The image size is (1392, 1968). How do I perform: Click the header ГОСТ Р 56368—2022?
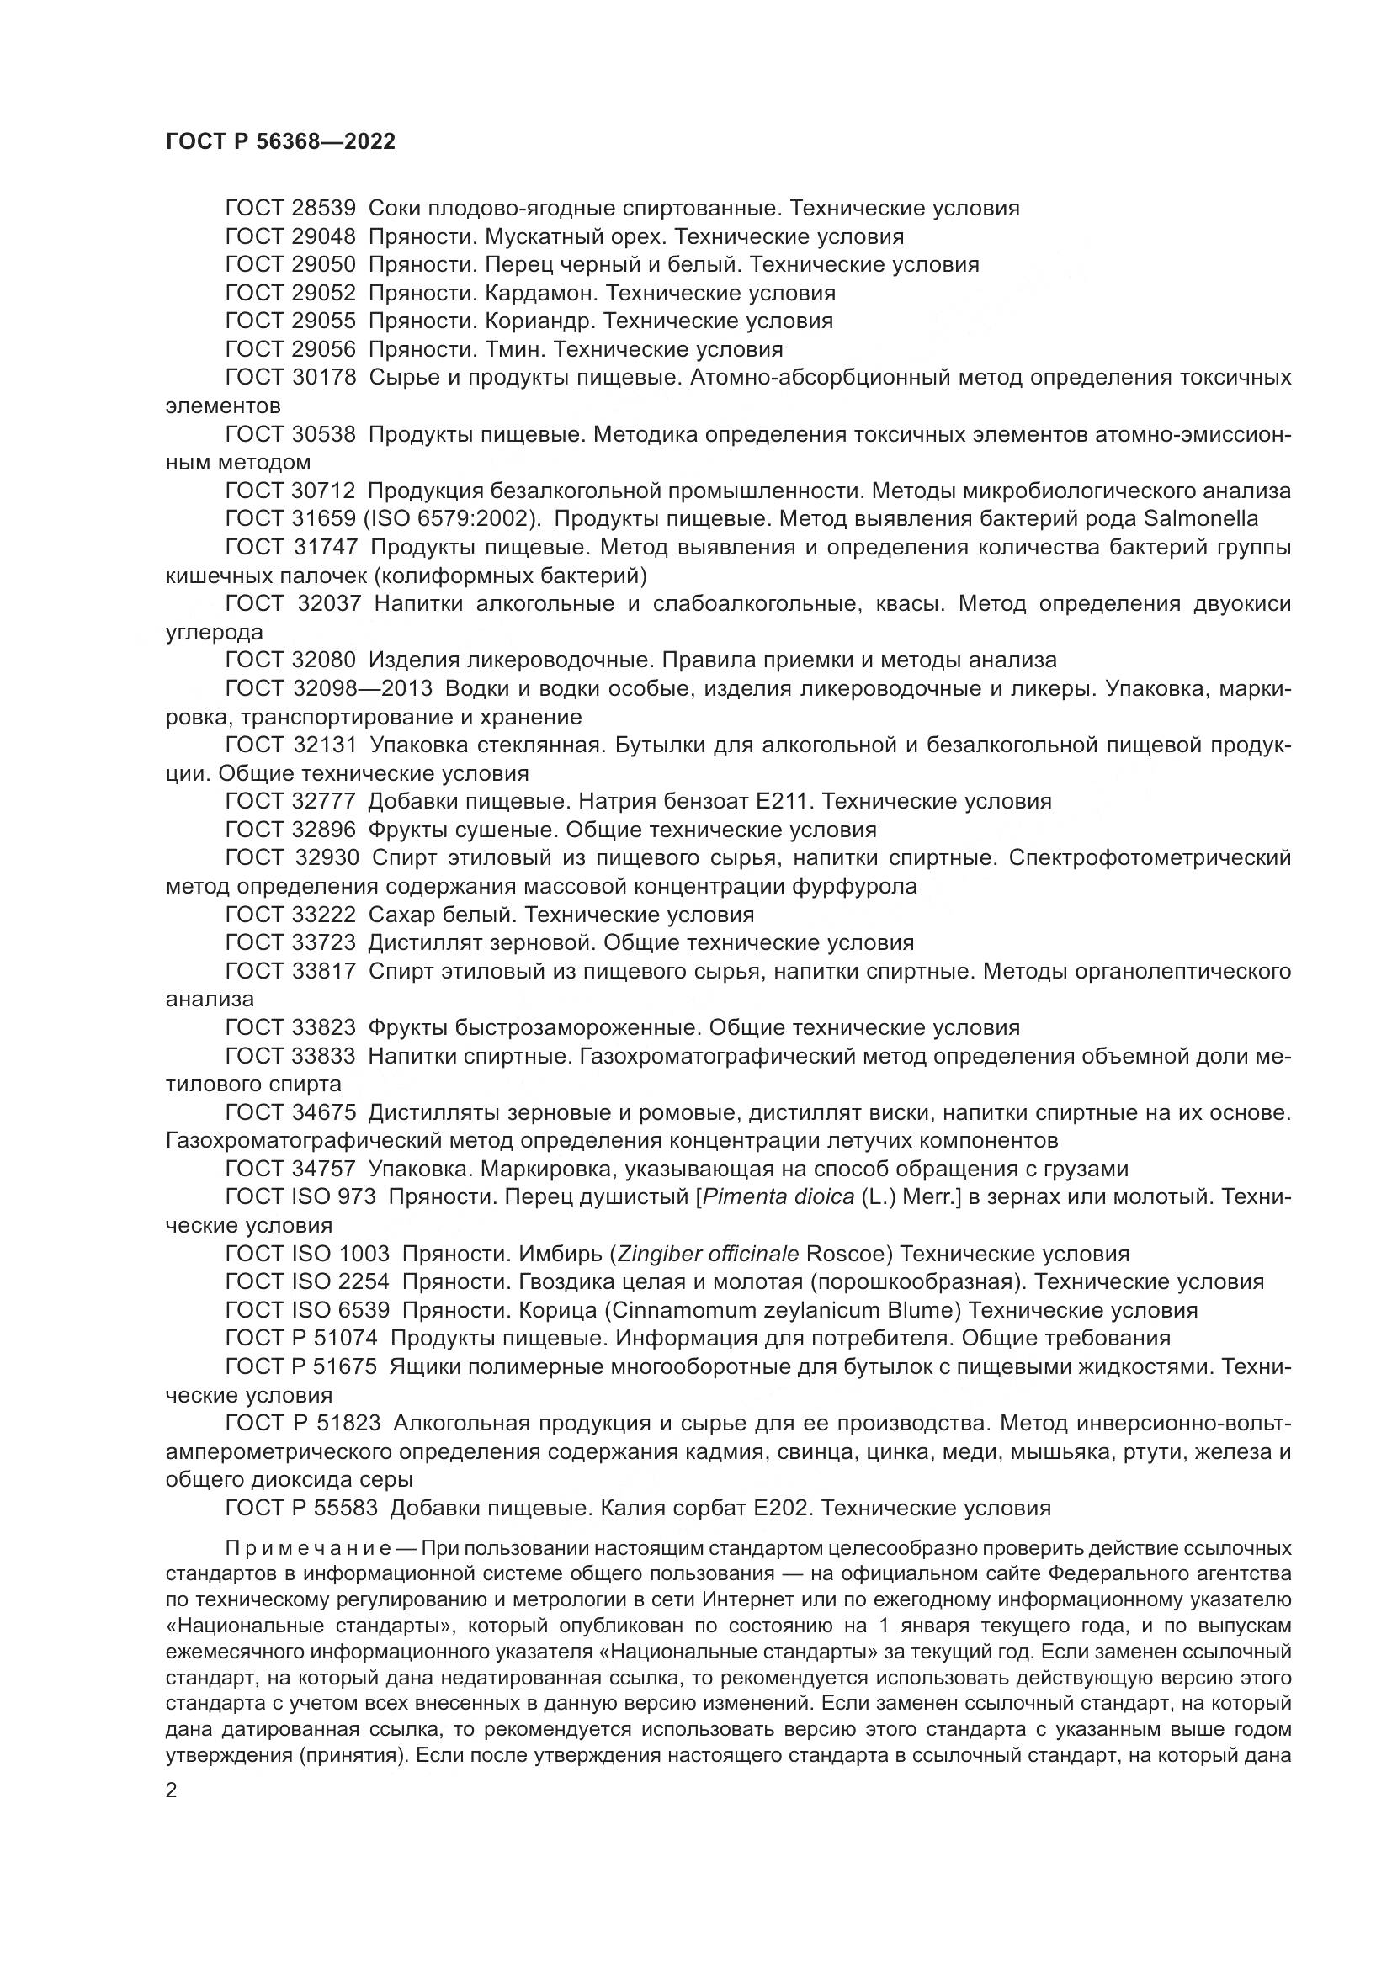[x=280, y=142]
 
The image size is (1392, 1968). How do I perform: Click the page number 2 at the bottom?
[x=172, y=1791]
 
